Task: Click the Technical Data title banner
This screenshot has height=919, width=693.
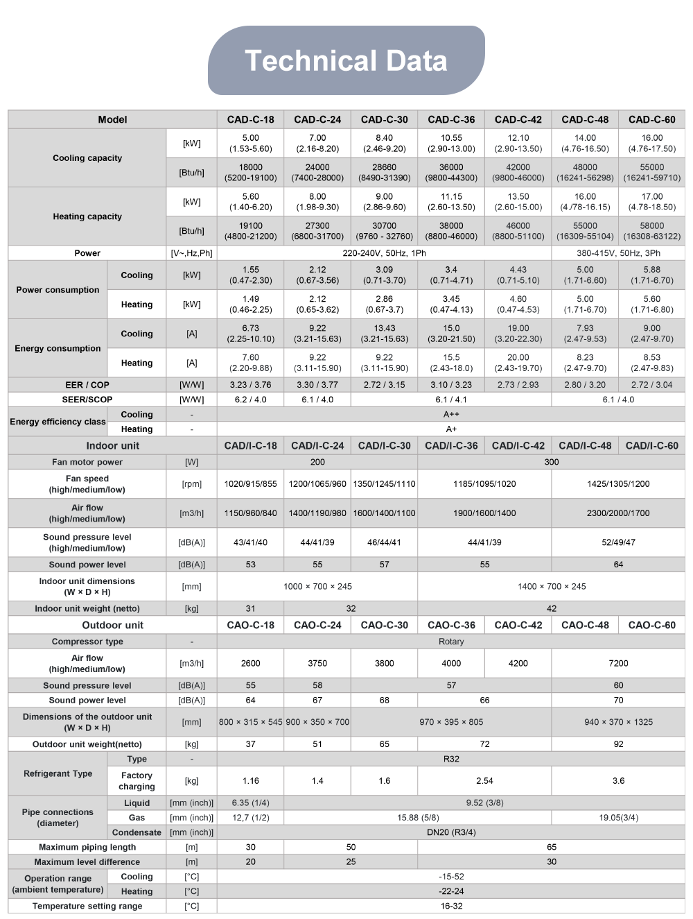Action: pos(346,60)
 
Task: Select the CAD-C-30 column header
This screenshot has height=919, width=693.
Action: pos(384,119)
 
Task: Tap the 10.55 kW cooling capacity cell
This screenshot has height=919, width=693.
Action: pos(451,143)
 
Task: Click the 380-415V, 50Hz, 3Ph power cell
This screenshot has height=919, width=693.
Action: pos(618,253)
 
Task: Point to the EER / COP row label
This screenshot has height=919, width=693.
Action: pos(87,385)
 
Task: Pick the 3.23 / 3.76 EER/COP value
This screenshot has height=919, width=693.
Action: pos(250,385)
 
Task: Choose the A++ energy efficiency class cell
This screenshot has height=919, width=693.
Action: pos(451,414)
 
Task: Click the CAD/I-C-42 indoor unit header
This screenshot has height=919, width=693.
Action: pos(518,445)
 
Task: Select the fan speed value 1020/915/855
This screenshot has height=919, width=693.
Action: pos(250,483)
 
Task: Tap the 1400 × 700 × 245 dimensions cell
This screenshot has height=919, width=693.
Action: pos(551,586)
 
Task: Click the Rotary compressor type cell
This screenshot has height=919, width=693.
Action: pos(451,642)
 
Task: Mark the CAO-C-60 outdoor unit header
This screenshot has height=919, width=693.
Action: pos(651,625)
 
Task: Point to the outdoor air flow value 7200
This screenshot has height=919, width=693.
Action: pos(618,663)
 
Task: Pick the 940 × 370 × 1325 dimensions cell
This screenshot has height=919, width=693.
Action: pos(618,722)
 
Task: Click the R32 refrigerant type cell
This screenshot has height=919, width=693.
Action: pos(451,759)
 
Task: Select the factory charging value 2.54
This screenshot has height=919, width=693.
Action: pos(484,780)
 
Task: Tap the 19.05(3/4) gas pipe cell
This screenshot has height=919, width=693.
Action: pos(618,817)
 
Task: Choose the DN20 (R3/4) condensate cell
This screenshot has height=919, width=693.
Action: pos(451,832)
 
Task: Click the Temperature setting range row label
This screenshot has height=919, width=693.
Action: pos(87,906)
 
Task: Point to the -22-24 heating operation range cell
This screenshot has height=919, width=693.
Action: pos(451,891)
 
